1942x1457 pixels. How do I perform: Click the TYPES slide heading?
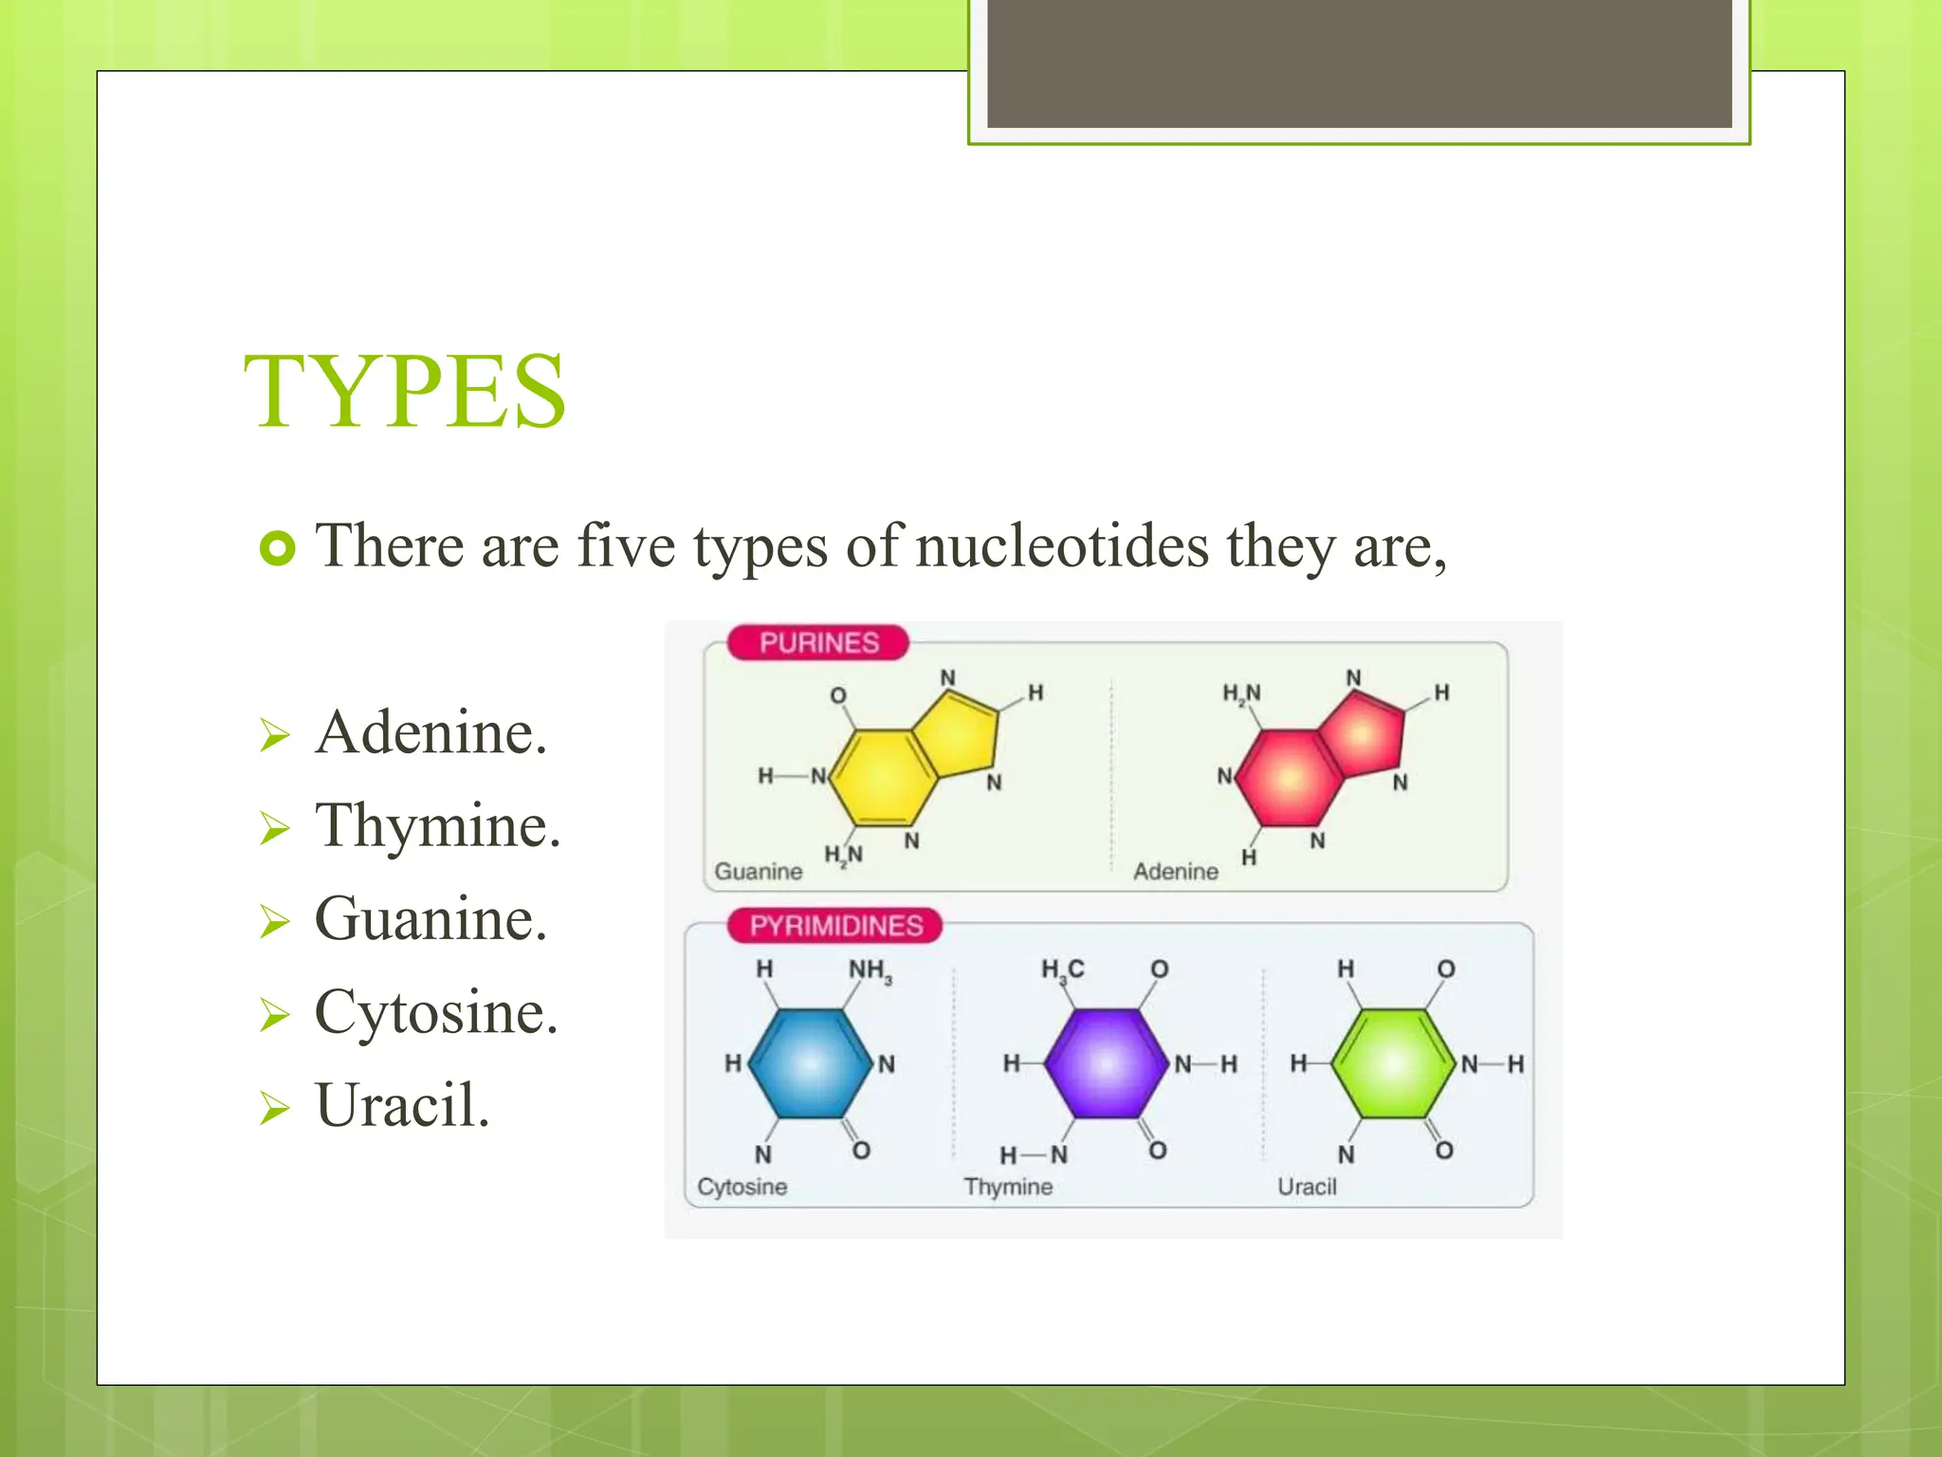tap(405, 392)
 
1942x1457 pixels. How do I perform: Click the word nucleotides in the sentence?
tap(1062, 547)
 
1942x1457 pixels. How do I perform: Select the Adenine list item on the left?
tap(431, 733)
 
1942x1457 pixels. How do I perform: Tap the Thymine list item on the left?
tap(437, 826)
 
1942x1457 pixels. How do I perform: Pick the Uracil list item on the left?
tap(402, 1106)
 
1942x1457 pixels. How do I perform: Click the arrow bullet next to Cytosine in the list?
tap(274, 1015)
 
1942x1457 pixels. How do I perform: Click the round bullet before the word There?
tap(277, 548)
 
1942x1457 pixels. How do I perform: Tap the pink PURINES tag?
tap(818, 643)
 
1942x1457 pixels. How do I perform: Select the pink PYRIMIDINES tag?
tap(835, 926)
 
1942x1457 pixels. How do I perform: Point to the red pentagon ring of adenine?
tap(1363, 733)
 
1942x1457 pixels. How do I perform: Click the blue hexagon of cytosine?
tap(811, 1063)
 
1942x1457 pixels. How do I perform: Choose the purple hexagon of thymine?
tap(1106, 1063)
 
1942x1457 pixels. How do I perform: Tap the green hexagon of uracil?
tap(1392, 1063)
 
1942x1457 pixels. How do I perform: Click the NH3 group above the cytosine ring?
tap(870, 970)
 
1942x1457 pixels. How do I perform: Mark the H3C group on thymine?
tap(1062, 969)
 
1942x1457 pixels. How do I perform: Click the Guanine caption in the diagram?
tap(758, 871)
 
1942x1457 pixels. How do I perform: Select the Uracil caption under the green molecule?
tap(1307, 1187)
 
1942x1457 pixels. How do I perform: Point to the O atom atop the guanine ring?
tap(838, 695)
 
